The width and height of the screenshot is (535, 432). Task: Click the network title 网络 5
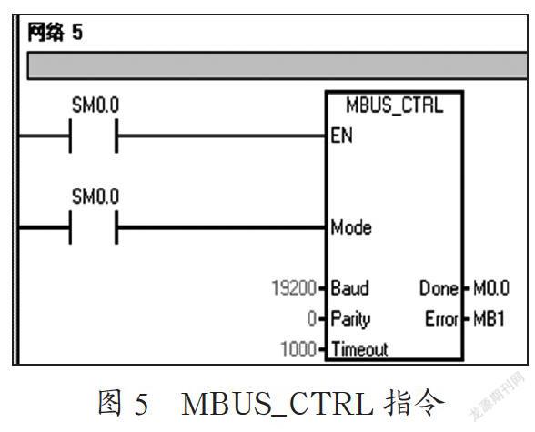55,33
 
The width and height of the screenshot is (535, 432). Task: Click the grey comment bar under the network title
277,65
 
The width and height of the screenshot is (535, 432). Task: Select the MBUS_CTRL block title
395,105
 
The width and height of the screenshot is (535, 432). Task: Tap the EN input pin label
341,136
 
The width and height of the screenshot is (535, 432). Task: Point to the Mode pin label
351,227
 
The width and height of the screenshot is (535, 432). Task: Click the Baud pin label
349,287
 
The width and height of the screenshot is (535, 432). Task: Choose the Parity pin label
350,319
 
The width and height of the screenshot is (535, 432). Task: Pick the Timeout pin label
359,348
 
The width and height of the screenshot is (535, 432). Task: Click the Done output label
439,288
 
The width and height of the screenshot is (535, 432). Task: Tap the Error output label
441,319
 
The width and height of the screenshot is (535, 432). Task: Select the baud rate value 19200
294,287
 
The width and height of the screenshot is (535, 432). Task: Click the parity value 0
312,319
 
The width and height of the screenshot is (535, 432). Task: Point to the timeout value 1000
298,349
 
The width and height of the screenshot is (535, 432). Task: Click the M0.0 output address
491,288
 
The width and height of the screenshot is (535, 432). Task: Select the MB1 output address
489,319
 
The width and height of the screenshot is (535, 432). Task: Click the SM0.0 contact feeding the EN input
94,136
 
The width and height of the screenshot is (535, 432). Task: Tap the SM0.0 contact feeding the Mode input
94,227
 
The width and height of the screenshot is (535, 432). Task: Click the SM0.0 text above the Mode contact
96,196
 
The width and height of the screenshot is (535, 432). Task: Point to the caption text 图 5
123,404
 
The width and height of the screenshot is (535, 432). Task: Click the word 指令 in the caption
414,403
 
